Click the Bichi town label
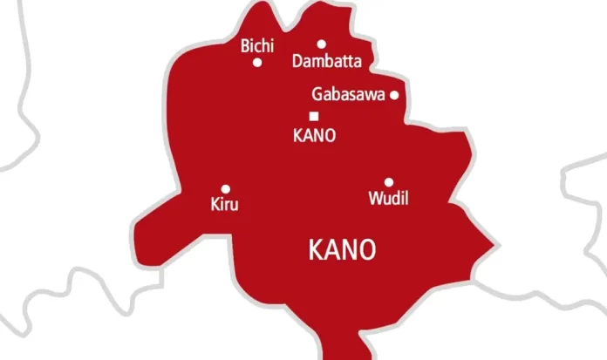(x=256, y=45)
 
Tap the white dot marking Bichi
(x=257, y=62)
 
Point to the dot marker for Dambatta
(x=321, y=44)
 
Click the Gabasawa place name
(x=349, y=95)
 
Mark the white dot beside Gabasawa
(x=394, y=95)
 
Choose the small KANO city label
(x=314, y=135)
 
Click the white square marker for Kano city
(x=314, y=116)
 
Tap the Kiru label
(x=224, y=206)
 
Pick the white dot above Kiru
(x=225, y=188)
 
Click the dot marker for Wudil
(x=389, y=182)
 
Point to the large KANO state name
(x=343, y=250)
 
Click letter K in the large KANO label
(x=317, y=250)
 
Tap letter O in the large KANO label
(x=367, y=250)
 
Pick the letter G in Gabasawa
(x=317, y=95)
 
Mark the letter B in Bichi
(x=245, y=45)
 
